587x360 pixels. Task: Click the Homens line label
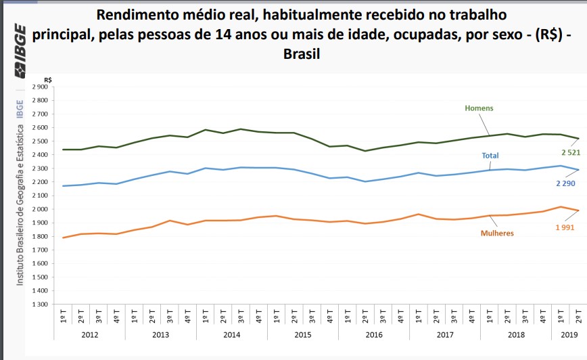[479, 108]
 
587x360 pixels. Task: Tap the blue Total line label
[490, 156]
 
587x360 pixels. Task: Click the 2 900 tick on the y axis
[40, 87]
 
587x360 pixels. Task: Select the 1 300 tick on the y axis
[40, 305]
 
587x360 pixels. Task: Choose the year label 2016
[373, 334]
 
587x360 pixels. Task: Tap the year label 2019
[569, 334]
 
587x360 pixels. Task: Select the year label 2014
[231, 334]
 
